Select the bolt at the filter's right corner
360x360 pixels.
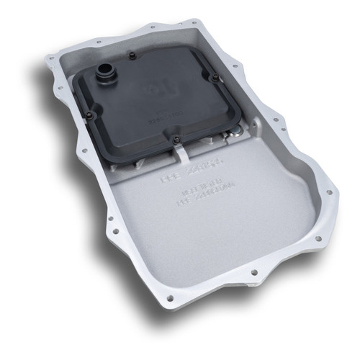214,78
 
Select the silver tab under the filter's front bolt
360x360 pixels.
181,150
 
